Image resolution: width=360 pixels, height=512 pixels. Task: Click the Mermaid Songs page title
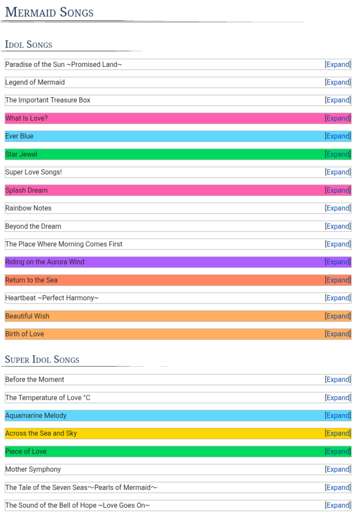pyautogui.click(x=49, y=13)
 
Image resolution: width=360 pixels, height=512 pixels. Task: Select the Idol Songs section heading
pyautogui.click(x=29, y=45)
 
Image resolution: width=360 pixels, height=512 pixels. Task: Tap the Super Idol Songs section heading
pyautogui.click(x=42, y=360)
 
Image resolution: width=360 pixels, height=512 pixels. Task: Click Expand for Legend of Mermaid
pyautogui.click(x=338, y=82)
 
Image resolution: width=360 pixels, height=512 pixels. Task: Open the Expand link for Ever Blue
pyautogui.click(x=338, y=136)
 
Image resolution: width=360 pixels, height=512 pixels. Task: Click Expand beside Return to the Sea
pyautogui.click(x=338, y=280)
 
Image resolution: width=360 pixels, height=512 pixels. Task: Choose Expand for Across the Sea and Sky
pyautogui.click(x=338, y=433)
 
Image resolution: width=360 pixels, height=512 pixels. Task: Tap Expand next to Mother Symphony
pyautogui.click(x=338, y=469)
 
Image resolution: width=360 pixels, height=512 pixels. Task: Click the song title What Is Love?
pyautogui.click(x=26, y=118)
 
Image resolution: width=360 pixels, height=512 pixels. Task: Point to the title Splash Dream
pyautogui.click(x=26, y=190)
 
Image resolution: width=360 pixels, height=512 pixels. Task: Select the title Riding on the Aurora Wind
pyautogui.click(x=45, y=262)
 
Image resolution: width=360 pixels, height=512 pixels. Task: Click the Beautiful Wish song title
pyautogui.click(x=27, y=316)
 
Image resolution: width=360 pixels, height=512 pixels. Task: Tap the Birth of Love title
pyautogui.click(x=25, y=334)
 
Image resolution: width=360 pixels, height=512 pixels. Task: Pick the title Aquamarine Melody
pyautogui.click(x=36, y=416)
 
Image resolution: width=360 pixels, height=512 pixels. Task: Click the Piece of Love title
pyautogui.click(x=26, y=452)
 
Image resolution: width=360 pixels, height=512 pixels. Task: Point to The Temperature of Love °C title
pyautogui.click(x=48, y=398)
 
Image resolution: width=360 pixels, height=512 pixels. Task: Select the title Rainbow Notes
pyautogui.click(x=28, y=208)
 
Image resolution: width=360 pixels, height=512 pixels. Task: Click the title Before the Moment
pyautogui.click(x=35, y=380)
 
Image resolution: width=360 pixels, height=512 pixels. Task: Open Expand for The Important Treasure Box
pyautogui.click(x=338, y=100)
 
